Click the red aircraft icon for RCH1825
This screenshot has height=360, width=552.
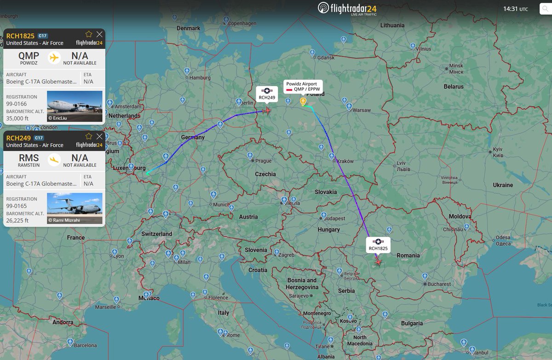click(378, 261)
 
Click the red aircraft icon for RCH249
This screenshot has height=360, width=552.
click(267, 110)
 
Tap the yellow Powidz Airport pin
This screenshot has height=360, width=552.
click(303, 101)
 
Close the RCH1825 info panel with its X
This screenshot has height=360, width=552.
click(99, 34)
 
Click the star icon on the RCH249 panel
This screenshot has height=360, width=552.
click(89, 136)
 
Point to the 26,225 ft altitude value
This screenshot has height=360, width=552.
click(17, 221)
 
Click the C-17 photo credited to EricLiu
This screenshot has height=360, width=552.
click(75, 106)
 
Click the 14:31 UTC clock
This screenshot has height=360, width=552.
click(515, 9)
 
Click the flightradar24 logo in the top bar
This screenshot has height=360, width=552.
click(347, 8)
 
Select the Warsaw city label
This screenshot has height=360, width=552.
click(362, 110)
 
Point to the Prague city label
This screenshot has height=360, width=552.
click(264, 161)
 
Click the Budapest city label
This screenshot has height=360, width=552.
click(334, 218)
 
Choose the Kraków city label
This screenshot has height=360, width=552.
click(345, 161)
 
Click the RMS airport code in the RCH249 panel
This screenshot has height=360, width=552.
click(29, 157)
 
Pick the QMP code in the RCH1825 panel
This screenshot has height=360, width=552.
click(29, 55)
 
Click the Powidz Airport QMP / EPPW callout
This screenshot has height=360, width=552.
click(303, 87)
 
